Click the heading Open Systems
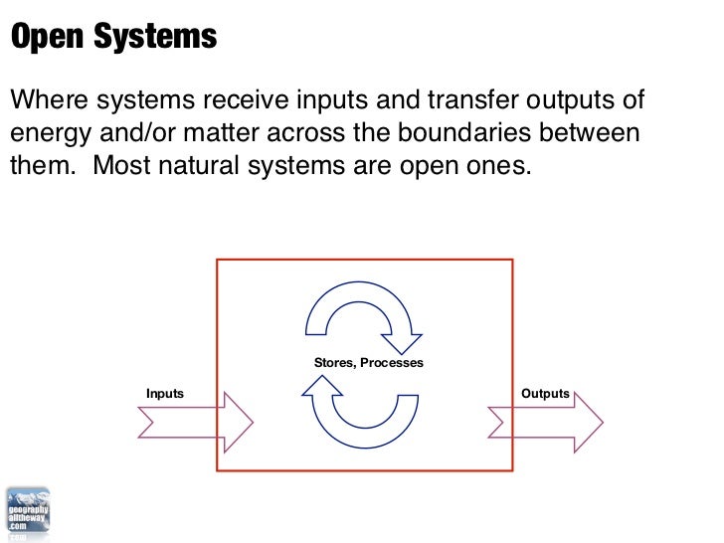112,37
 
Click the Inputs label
165,394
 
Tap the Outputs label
545,394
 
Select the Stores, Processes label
369,363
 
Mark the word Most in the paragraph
125,165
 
